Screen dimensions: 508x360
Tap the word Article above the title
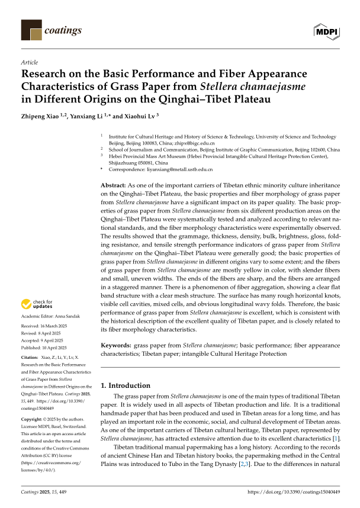point(29,62)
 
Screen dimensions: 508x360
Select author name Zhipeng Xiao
point(41,116)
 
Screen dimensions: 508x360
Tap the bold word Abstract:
point(114,185)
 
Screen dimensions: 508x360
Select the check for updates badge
point(34,304)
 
